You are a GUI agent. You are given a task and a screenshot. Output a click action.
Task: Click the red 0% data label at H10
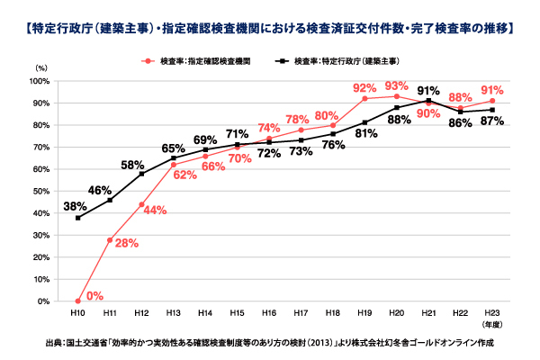pyautogui.click(x=94, y=294)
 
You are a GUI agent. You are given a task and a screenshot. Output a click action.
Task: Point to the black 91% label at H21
pyautogui.click(x=428, y=91)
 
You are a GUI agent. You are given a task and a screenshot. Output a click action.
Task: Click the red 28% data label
pyautogui.click(x=127, y=244)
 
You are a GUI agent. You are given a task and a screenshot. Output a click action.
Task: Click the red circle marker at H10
pyautogui.click(x=78, y=301)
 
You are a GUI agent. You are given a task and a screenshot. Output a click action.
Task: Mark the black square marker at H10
pyautogui.click(x=78, y=218)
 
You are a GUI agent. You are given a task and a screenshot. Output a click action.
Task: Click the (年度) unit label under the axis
pyautogui.click(x=492, y=322)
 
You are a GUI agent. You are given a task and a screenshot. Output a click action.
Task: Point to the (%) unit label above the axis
pyautogui.click(x=40, y=67)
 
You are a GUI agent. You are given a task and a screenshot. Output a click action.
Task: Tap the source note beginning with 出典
pyautogui.click(x=270, y=343)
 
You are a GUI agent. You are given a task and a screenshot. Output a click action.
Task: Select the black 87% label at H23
pyautogui.click(x=492, y=122)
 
